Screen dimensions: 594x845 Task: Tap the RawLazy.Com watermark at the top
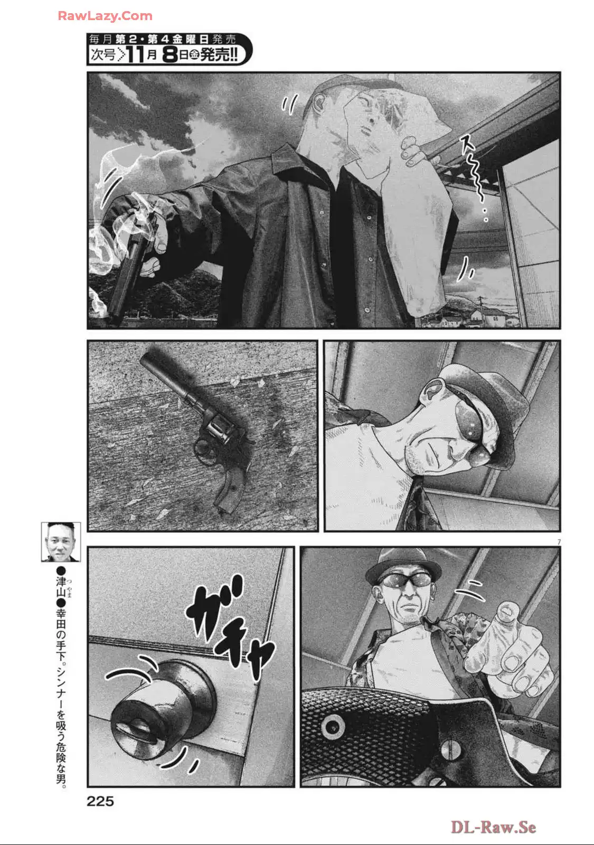coord(105,16)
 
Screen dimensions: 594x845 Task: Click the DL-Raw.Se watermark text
coord(493,827)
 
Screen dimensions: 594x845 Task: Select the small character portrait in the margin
coord(61,542)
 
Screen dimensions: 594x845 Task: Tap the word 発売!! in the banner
coord(219,55)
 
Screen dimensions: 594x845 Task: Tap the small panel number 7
coord(559,542)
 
